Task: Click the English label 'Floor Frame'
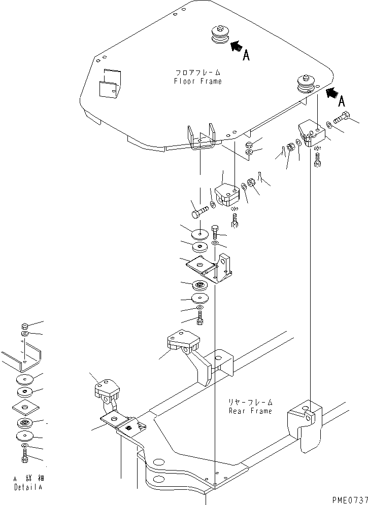197,81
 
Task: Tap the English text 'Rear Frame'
250,411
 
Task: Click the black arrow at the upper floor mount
236,46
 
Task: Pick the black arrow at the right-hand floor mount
332,92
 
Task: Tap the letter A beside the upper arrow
246,56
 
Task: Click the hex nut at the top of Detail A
25,326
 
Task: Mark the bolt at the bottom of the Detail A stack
25,458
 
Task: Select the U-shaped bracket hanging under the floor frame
202,137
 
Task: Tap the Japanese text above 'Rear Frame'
250,402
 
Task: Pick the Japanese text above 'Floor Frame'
197,73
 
